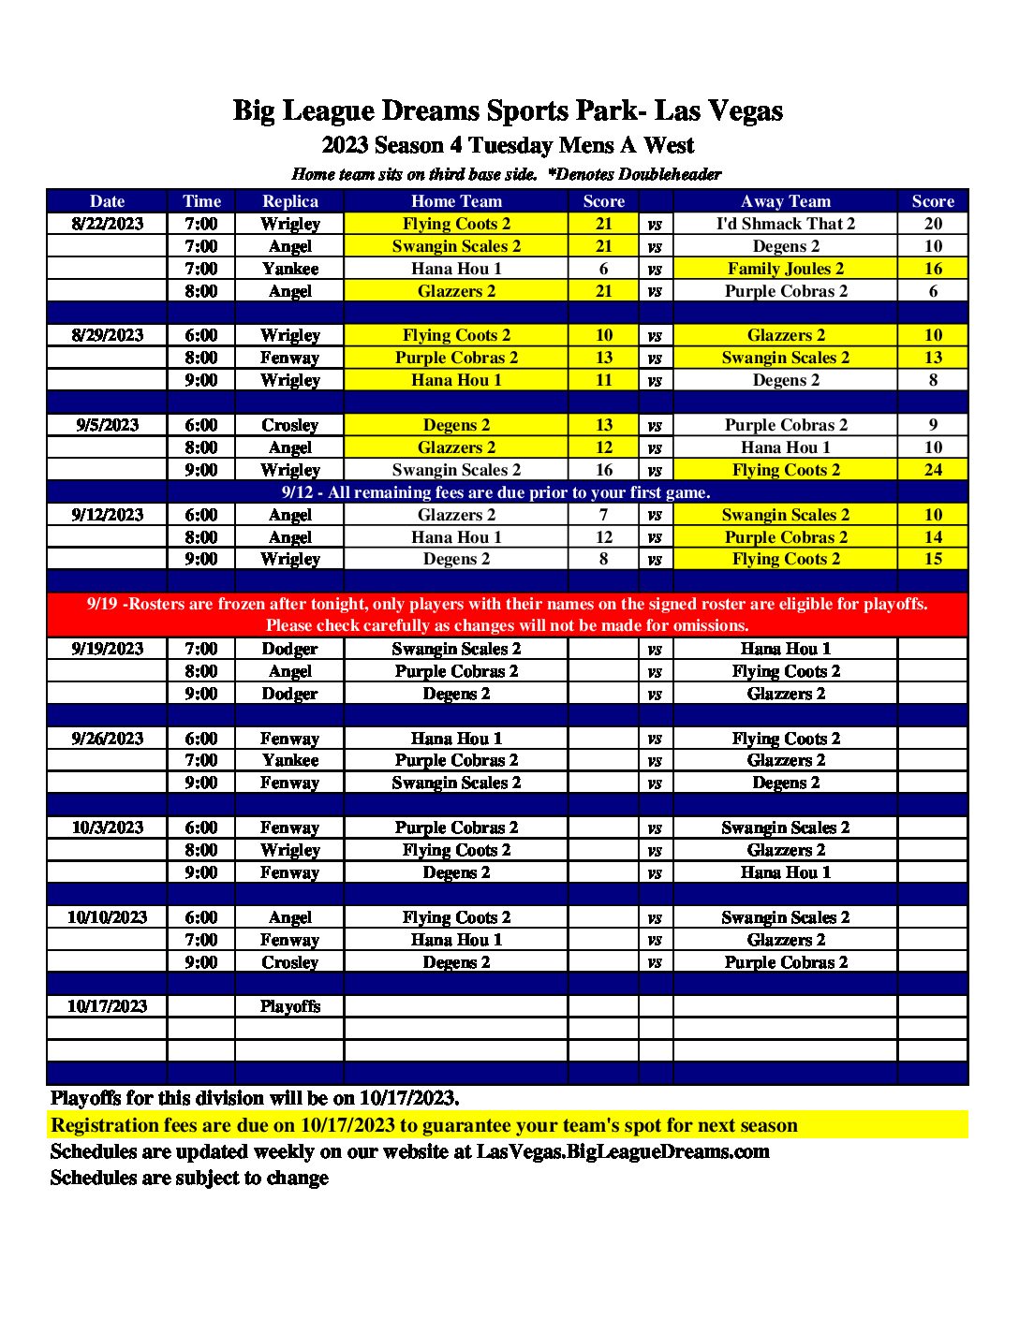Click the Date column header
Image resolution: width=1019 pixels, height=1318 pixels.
107,201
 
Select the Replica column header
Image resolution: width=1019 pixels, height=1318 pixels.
289,201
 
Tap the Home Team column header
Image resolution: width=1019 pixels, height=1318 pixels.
456,201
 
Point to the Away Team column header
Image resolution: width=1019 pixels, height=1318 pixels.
785,201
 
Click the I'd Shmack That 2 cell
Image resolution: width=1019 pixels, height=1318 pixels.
785,224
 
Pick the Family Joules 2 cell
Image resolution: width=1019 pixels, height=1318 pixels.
785,269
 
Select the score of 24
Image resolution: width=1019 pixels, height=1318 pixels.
933,470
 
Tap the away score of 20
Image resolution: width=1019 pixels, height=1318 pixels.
933,224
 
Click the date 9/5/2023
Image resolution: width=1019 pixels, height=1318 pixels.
107,425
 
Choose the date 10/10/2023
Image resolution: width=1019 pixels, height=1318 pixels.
107,917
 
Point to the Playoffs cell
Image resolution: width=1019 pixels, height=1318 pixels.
289,1006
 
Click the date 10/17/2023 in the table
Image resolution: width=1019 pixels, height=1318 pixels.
107,1006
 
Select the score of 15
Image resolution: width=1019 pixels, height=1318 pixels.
933,559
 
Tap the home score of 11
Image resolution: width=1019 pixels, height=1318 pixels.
603,380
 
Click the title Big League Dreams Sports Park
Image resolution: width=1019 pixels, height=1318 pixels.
508,111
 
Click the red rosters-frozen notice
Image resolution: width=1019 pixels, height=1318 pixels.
508,614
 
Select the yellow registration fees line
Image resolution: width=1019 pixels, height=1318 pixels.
423,1125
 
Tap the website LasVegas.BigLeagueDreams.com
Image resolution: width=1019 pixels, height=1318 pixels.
623,1151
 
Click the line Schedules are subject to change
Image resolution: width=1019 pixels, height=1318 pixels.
189,1178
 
